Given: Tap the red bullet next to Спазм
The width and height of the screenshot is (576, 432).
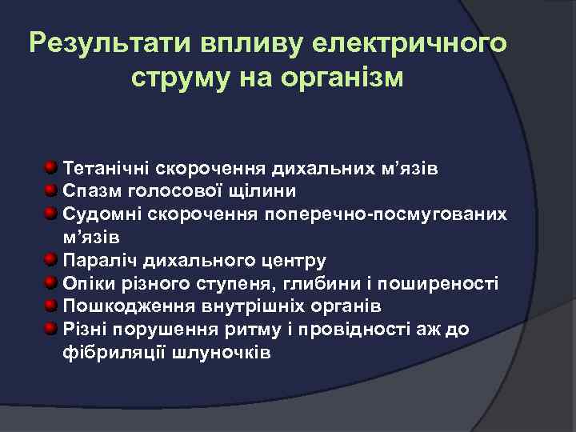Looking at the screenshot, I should tap(51, 190).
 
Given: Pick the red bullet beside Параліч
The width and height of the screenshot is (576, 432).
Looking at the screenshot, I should tap(51, 260).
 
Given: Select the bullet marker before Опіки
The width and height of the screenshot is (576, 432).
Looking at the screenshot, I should tap(51, 282).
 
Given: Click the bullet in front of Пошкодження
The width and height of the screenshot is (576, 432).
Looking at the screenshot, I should tap(51, 306).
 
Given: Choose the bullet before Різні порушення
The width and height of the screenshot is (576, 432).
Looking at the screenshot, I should tap(51, 328).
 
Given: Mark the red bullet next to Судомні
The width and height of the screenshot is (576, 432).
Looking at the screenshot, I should tap(51, 214).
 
